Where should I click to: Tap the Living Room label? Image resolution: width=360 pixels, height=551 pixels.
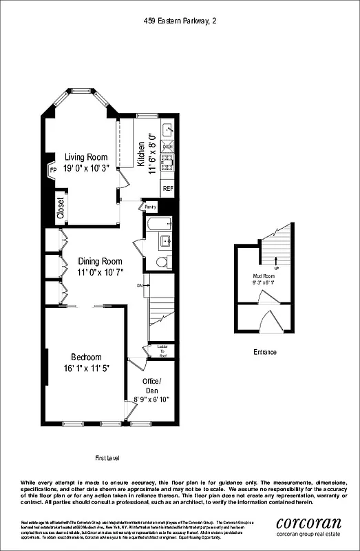(83, 156)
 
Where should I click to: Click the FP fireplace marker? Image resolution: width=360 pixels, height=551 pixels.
(52, 171)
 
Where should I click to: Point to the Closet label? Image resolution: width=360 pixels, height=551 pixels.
(61, 208)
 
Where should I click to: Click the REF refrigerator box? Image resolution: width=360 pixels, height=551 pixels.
(167, 187)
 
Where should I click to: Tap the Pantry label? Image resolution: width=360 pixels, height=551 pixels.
(150, 207)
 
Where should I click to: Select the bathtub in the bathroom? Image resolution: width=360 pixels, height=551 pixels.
(158, 224)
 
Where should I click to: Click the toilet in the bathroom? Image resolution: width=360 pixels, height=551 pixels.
(162, 262)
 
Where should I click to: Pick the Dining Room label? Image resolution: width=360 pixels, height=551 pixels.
(100, 261)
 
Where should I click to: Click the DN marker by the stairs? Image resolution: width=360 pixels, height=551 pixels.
(140, 285)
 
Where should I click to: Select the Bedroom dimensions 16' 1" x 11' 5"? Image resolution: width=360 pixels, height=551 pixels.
(86, 368)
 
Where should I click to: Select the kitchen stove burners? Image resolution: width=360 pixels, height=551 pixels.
(167, 162)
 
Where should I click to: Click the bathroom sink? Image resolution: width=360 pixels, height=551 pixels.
(165, 240)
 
